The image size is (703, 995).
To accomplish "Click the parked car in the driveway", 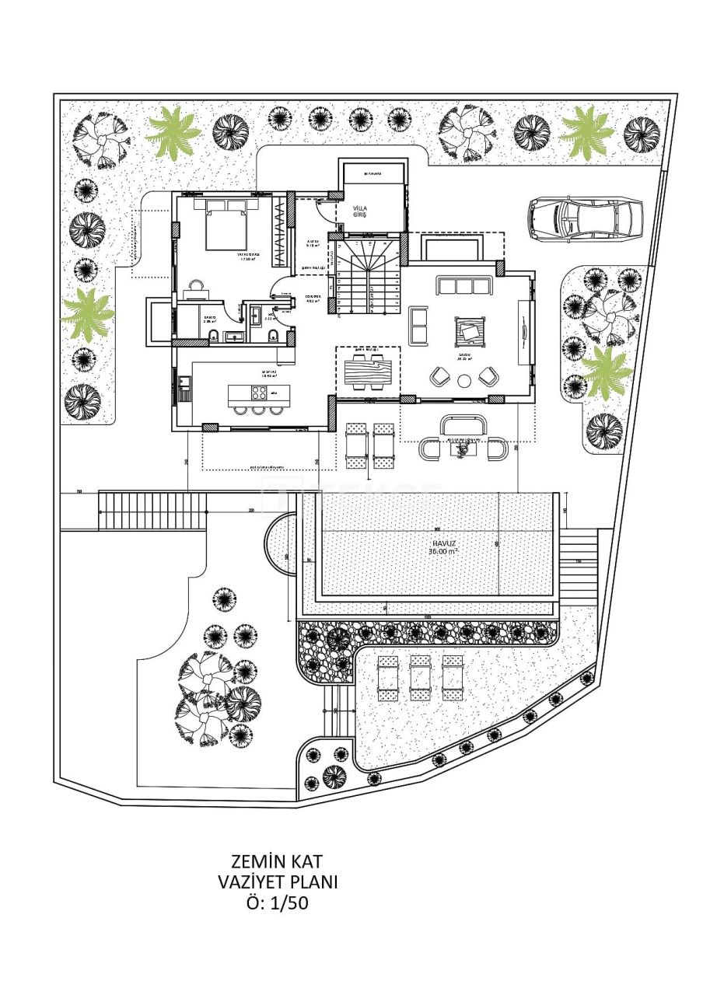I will click(586, 217).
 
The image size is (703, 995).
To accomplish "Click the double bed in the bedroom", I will click(232, 224).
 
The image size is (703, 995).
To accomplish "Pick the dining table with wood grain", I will click(367, 372).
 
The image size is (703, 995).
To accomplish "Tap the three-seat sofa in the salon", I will click(465, 285).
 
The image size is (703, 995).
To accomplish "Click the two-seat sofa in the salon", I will click(418, 326).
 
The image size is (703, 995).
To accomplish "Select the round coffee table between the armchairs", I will click(464, 381).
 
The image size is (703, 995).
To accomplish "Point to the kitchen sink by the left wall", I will click(184, 386).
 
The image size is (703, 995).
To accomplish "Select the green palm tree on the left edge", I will click(86, 313).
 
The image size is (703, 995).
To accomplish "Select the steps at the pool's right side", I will click(578, 560).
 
